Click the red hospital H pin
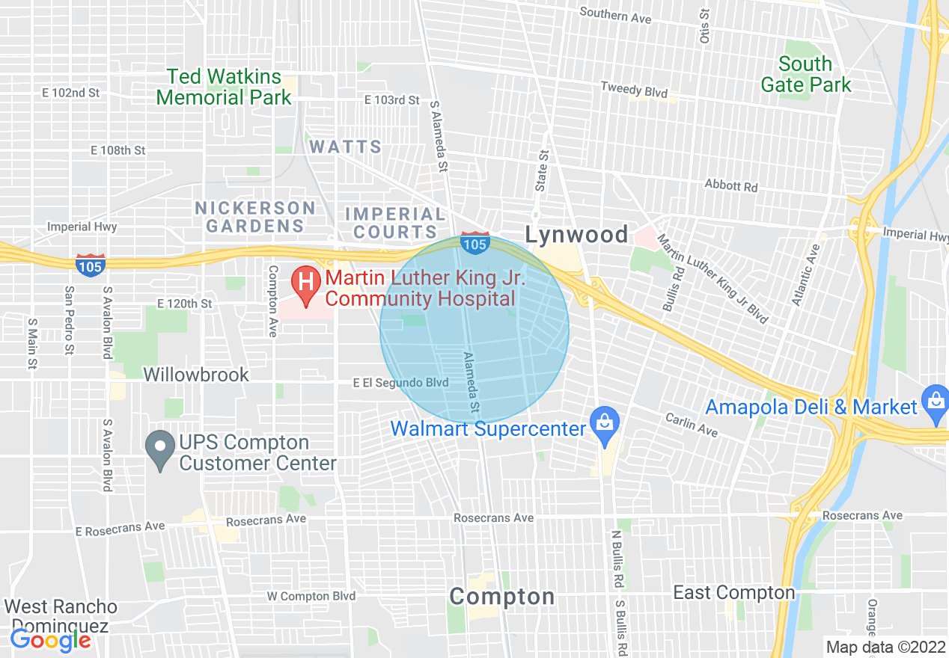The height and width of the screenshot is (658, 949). [306, 283]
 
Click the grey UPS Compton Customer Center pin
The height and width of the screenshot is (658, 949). [159, 449]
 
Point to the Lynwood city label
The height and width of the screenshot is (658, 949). [576, 235]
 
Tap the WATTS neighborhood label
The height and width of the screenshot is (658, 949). [346, 147]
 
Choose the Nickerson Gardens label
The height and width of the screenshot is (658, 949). [255, 216]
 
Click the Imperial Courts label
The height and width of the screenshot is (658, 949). [395, 224]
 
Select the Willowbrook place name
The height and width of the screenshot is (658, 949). [196, 375]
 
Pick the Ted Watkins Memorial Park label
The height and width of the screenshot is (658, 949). [224, 87]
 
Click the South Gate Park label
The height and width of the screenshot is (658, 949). [806, 74]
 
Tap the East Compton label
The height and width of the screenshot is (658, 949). [733, 593]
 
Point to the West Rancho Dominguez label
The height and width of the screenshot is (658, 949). [61, 615]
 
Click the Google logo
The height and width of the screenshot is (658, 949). [50, 640]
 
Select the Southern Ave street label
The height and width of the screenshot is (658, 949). [615, 15]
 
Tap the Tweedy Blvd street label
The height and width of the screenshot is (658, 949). [634, 90]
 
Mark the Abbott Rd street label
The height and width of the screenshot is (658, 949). [731, 185]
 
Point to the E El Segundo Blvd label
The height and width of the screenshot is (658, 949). [401, 383]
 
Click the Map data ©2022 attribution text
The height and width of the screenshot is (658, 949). [885, 647]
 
